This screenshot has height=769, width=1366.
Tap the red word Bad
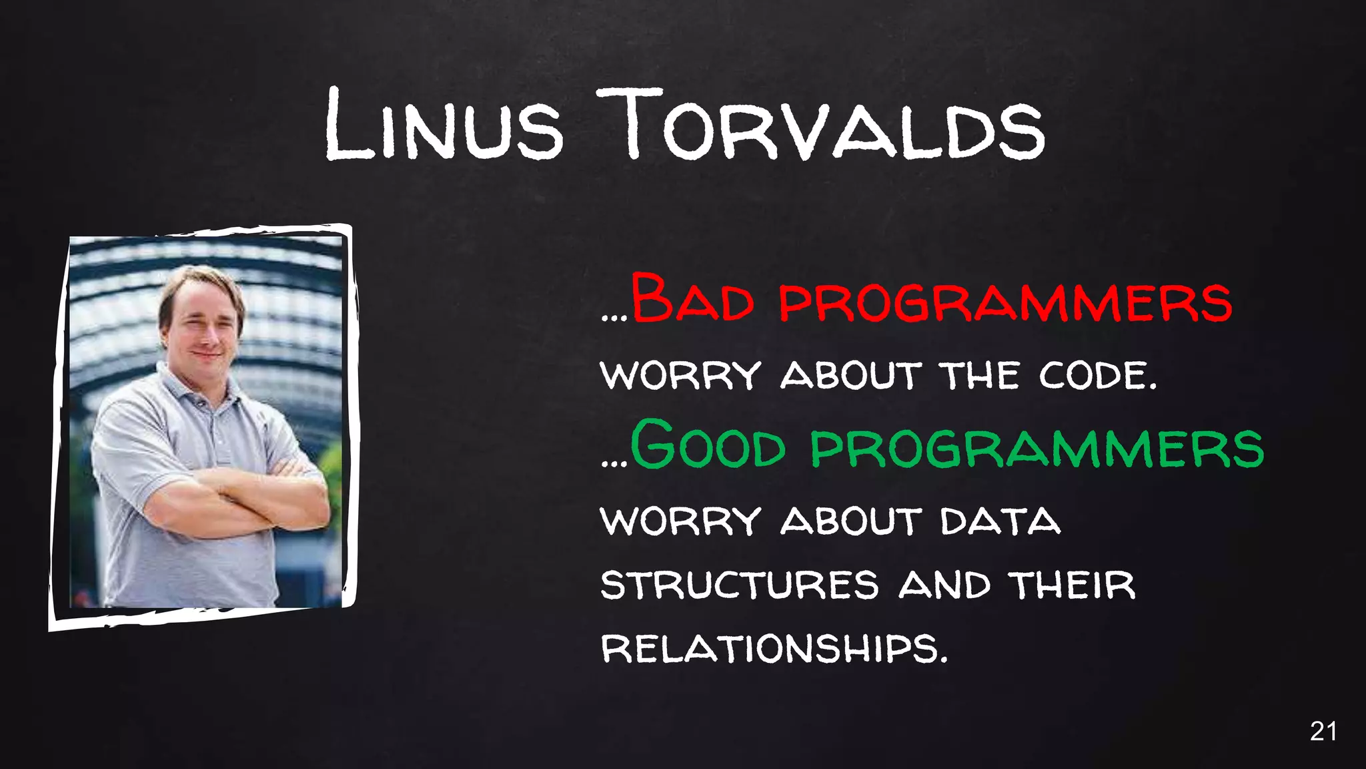[692, 299]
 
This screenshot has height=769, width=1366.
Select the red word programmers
[1006, 302]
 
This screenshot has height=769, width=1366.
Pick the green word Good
[708, 445]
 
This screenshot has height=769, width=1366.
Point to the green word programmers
[1037, 447]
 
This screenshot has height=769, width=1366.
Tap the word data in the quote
[1000, 521]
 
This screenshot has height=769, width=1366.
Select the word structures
[740, 585]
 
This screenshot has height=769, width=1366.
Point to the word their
[1072, 585]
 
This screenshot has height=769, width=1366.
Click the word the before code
[979, 375]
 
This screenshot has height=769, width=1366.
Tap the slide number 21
[1323, 732]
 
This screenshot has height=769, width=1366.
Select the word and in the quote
[944, 585]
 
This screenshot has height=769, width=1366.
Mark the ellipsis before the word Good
[614, 463]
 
